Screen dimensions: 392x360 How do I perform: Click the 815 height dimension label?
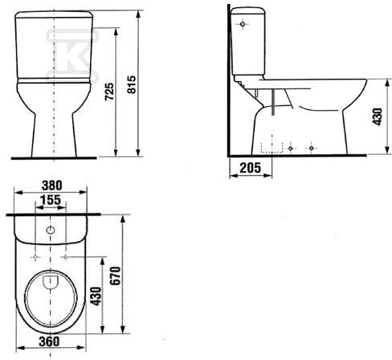tap(132, 84)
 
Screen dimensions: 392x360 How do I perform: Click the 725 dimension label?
tap(109, 92)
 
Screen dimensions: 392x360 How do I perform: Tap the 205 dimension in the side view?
tap(250, 168)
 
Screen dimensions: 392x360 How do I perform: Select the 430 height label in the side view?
tap(378, 117)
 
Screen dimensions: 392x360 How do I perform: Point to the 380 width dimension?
tap(51, 186)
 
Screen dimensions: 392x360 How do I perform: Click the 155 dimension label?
tap(51, 200)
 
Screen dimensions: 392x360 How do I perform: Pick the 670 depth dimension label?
tap(116, 276)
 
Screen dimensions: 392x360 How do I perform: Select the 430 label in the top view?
tap(96, 296)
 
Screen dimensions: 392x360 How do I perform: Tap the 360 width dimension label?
tap(49, 342)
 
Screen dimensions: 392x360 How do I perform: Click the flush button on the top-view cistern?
tap(51, 230)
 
